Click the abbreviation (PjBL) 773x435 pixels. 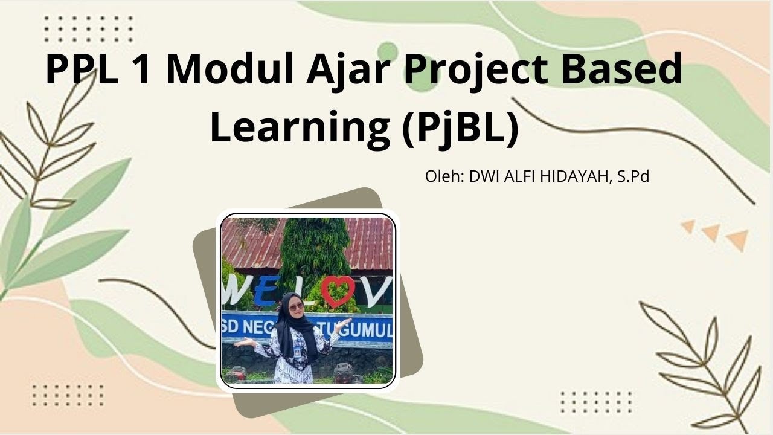(460, 128)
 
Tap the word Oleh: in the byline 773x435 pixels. (445, 177)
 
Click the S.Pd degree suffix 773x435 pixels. (633, 177)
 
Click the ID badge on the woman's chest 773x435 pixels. (297, 350)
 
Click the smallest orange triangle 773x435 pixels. (688, 227)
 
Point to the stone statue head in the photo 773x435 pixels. (344, 372)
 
